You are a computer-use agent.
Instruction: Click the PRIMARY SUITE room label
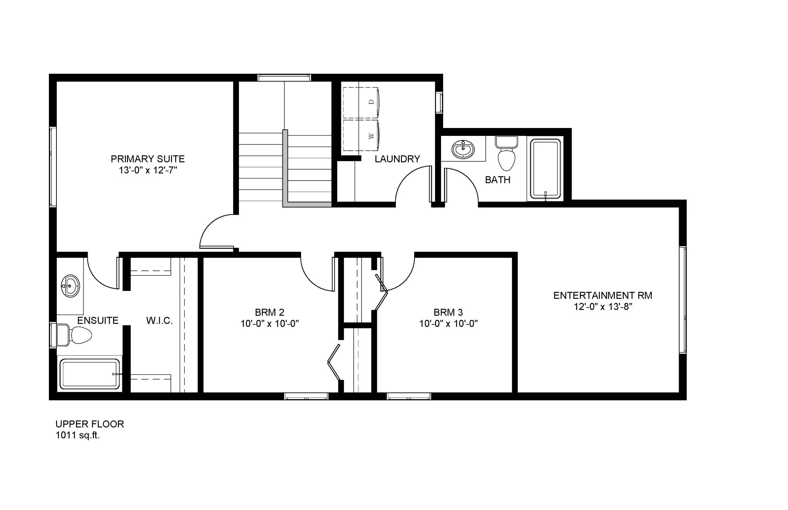[148, 159]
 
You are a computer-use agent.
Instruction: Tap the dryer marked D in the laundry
[361, 102]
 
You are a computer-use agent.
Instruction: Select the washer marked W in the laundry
[361, 136]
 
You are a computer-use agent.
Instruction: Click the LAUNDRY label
[397, 159]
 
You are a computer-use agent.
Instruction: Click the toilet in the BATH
[507, 154]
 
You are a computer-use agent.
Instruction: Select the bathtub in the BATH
[545, 169]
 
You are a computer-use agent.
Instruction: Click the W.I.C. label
[159, 321]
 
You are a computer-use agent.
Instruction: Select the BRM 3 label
[448, 312]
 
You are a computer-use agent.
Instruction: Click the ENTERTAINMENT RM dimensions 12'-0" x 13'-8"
[603, 307]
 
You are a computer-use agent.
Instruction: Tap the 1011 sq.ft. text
[78, 436]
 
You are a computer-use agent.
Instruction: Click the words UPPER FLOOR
[90, 424]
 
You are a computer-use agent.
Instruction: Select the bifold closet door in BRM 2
[334, 362]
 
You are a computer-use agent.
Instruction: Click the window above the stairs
[284, 78]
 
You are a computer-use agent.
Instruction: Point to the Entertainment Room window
[683, 300]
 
